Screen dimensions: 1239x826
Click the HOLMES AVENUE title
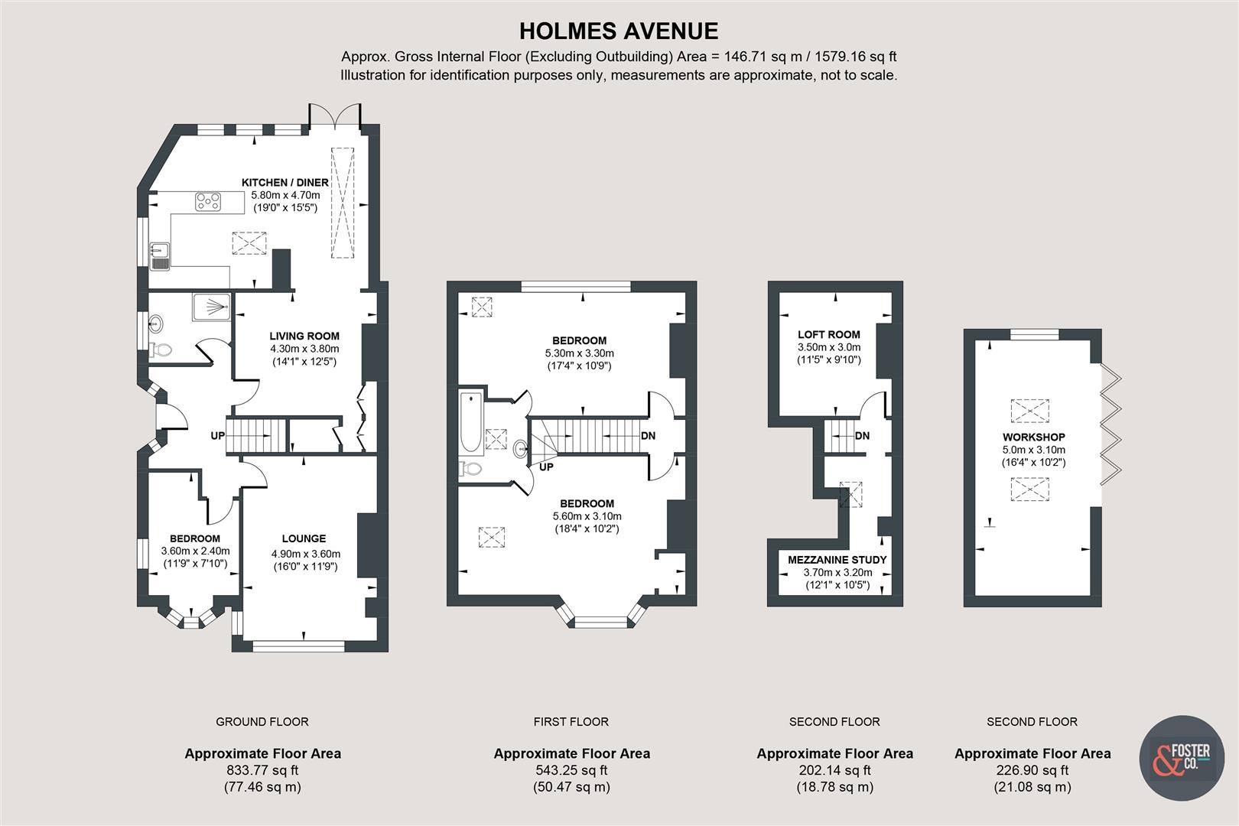click(619, 31)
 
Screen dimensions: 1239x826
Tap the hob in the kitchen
click(208, 201)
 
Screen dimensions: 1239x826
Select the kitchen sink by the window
click(160, 257)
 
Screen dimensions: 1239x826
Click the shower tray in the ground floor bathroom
click(211, 307)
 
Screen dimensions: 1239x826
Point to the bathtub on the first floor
click(471, 422)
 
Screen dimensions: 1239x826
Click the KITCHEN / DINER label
click(285, 183)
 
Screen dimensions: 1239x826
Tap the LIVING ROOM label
click(304, 336)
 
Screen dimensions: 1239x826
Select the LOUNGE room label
click(304, 538)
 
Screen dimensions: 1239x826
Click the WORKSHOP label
click(1034, 437)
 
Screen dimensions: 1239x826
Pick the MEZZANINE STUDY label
click(837, 560)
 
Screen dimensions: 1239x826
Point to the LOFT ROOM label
click(828, 334)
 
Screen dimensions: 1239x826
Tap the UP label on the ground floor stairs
click(218, 436)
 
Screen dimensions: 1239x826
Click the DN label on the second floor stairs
click(862, 436)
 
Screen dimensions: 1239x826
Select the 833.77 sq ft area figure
click(262, 770)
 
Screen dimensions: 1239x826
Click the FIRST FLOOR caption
click(571, 722)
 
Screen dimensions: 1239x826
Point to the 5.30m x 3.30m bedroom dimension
click(579, 353)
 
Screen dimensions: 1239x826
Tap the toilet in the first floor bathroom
click(470, 469)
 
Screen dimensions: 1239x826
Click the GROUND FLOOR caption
click(262, 722)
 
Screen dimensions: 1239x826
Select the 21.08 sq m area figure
click(1032, 787)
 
